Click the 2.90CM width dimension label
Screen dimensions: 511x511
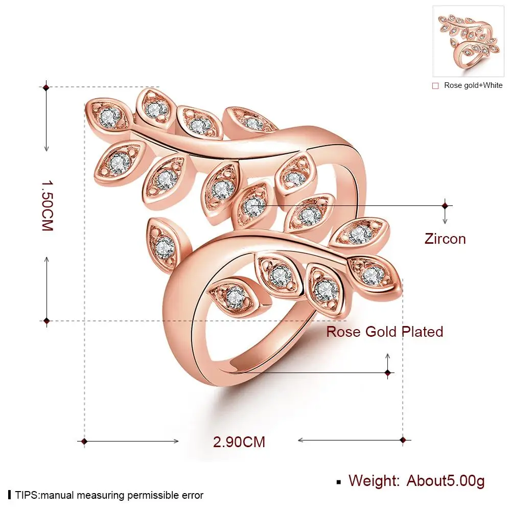point(239,441)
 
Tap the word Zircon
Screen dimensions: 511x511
point(445,239)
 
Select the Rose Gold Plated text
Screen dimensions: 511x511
point(385,332)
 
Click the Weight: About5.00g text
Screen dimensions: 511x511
point(416,480)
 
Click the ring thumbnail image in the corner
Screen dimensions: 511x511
point(468,41)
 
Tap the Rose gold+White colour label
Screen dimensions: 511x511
point(473,85)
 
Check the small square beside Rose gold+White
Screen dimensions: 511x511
point(435,86)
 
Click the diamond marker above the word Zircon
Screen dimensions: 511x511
point(445,205)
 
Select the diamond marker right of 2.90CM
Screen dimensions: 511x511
point(403,439)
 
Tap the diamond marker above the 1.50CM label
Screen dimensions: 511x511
point(47,88)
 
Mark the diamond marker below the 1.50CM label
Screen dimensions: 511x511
point(47,321)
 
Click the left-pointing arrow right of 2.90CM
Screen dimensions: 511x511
point(301,439)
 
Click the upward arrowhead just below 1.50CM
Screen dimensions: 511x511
point(47,259)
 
